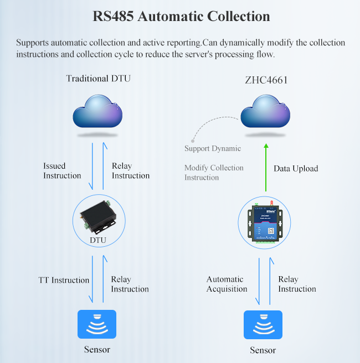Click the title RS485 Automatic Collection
tap(181, 17)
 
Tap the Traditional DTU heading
tap(98, 79)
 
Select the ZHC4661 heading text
tap(266, 80)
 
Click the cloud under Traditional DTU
tap(98, 113)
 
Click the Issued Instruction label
tap(62, 170)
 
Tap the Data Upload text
tap(296, 168)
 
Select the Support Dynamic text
tap(213, 148)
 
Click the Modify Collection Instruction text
tap(214, 173)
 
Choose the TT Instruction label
tap(64, 280)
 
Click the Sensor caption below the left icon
tap(97, 349)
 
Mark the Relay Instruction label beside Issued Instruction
tap(131, 170)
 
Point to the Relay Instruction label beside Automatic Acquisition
tap(297, 284)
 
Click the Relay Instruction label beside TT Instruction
tap(130, 284)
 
